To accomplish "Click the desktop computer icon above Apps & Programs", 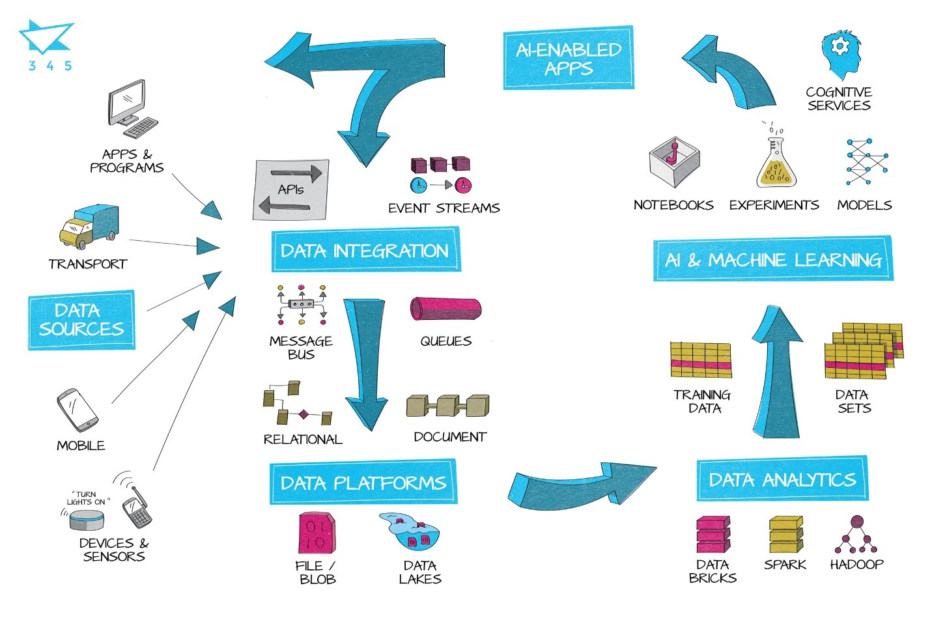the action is (x=132, y=109).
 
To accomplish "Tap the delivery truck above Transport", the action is (x=89, y=226).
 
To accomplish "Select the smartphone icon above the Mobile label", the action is (x=78, y=410).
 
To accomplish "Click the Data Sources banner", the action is (x=81, y=320).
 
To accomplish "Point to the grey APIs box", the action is (x=291, y=190).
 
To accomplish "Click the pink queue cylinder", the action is (x=445, y=309).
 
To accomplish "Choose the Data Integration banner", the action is (x=366, y=249).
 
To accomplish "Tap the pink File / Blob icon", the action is (x=317, y=533).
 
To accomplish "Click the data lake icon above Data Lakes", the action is (x=410, y=531).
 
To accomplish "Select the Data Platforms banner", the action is (x=363, y=482).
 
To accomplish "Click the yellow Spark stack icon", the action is (x=786, y=534).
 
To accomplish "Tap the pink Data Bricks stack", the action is (x=713, y=534).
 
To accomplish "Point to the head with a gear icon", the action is (x=840, y=55).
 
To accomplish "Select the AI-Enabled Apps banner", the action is (x=569, y=58).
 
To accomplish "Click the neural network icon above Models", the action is (x=868, y=162).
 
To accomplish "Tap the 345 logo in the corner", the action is (x=48, y=45).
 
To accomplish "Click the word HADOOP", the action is (x=856, y=565).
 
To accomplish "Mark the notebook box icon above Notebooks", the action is (x=674, y=162).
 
